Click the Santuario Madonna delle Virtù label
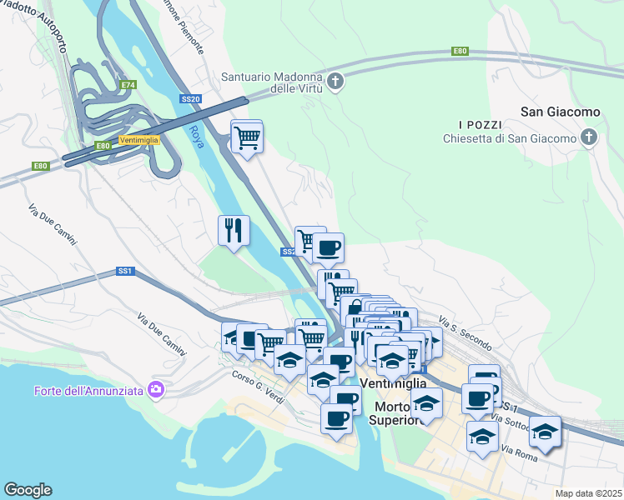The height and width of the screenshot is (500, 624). tap(271, 83)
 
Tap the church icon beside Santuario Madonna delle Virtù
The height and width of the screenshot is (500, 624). tap(335, 81)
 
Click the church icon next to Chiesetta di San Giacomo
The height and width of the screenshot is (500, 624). tap(589, 137)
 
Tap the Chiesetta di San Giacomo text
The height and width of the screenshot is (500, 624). tap(510, 138)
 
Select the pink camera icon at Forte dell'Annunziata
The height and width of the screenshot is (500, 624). tap(155, 389)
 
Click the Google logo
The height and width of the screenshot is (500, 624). tap(28, 490)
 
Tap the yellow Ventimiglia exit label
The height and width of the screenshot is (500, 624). tap(138, 140)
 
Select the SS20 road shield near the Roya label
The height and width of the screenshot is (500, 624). tap(190, 99)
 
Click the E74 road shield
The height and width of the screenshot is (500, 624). tap(128, 85)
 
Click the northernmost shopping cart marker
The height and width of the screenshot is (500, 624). tap(248, 137)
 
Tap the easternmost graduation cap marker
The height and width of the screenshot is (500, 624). tap(545, 432)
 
